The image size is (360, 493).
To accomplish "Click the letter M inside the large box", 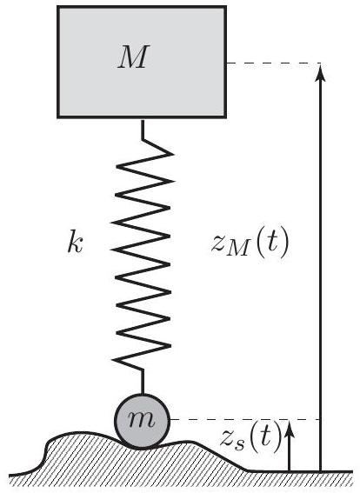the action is (133, 57).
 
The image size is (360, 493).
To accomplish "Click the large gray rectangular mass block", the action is (142, 62).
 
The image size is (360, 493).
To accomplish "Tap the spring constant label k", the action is (75, 242).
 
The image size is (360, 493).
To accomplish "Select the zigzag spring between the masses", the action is (142, 256).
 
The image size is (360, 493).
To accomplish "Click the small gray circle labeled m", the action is (142, 421).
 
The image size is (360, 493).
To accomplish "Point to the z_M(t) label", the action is (250, 243).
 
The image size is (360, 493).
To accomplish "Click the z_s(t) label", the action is (250, 437).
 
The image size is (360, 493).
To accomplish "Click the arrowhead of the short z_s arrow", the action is (290, 429).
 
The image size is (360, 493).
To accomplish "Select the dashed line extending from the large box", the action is (274, 63).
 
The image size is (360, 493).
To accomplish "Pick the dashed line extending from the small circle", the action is (245, 419).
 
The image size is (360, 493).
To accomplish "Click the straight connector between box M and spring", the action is (143, 129).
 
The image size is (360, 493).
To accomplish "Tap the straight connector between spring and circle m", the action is (143, 382).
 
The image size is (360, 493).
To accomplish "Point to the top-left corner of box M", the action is (58, 6).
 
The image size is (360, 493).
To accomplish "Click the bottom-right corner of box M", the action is (226, 118).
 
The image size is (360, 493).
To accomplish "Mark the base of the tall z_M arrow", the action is (320, 471).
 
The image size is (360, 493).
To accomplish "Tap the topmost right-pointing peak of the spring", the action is (173, 154).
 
